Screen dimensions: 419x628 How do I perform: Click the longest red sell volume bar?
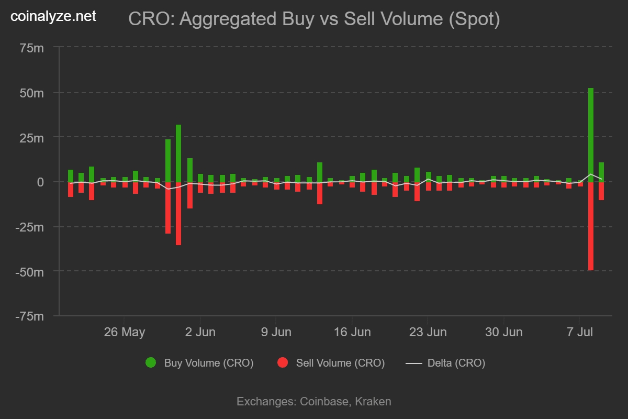coord(591,226)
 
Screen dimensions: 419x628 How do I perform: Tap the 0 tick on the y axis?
coord(40,182)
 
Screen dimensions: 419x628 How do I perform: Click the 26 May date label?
coord(124,332)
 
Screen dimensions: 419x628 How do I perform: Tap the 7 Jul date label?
coord(579,332)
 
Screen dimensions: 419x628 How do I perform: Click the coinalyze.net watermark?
coord(53,17)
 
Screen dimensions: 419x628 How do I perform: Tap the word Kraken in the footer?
coord(373,402)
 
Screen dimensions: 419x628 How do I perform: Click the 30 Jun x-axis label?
coord(503,332)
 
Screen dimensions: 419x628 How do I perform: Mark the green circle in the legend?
coord(151,362)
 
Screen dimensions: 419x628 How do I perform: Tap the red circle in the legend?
coord(283,362)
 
